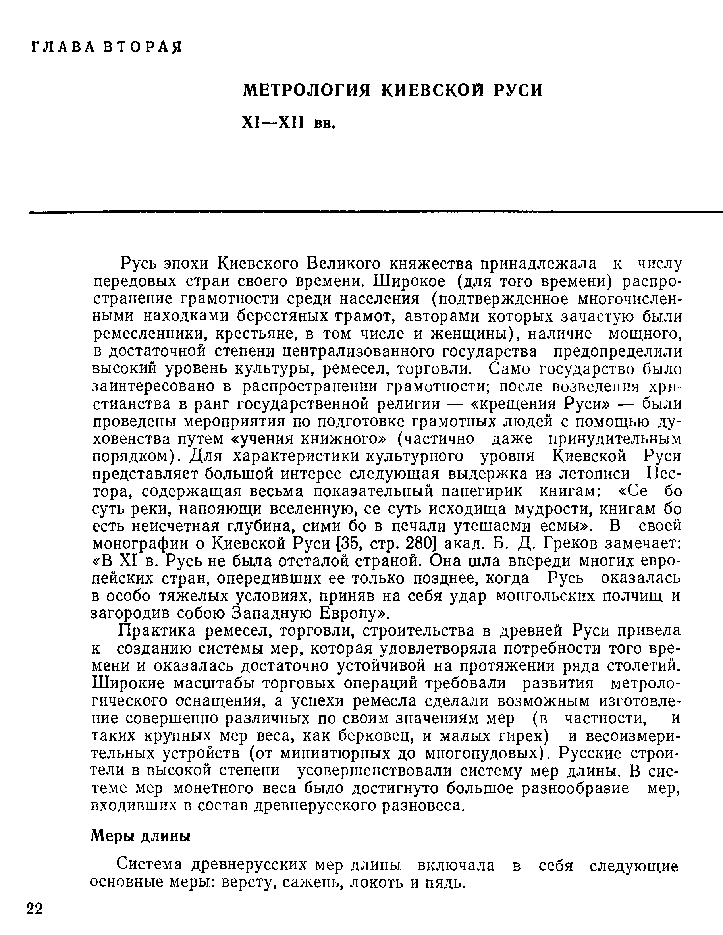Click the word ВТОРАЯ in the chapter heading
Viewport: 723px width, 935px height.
[143, 47]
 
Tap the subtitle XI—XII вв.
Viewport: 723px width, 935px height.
[288, 123]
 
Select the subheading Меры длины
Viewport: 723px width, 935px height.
[141, 835]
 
